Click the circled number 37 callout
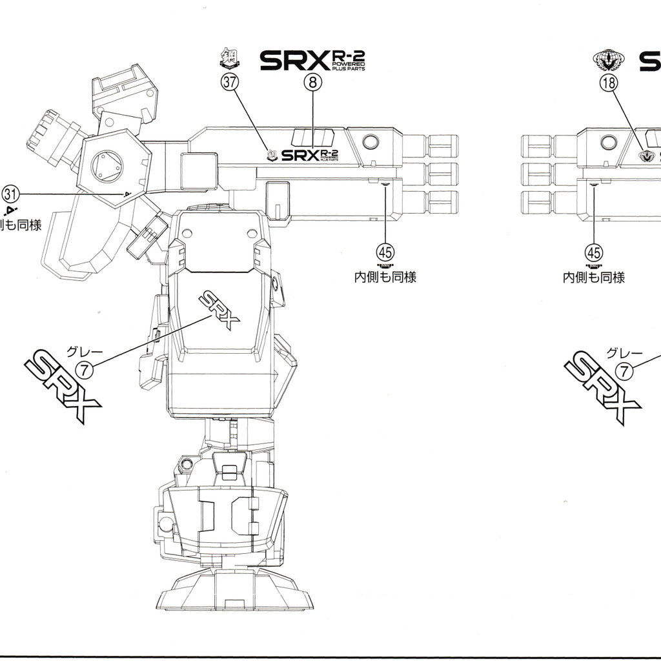[229, 83]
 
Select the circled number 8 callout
[312, 83]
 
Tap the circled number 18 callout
[609, 83]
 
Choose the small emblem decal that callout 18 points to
[645, 155]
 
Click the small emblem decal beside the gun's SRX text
[272, 154]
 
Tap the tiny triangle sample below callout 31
[10, 211]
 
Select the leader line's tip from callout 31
[127, 193]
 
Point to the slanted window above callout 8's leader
[313, 137]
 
